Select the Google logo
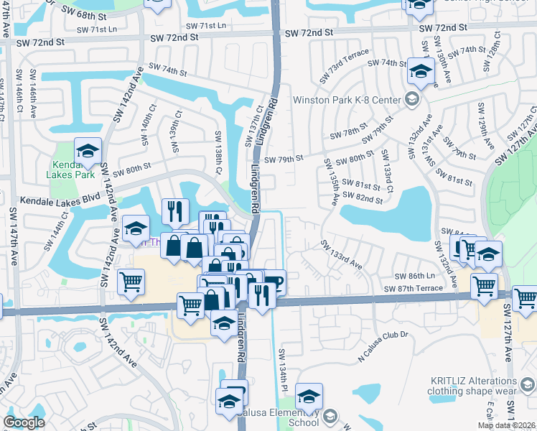24,422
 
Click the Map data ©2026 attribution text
507,425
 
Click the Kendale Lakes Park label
61,169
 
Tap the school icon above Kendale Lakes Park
88,151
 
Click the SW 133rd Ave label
341,256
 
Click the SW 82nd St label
363,195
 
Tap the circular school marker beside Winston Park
412,99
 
